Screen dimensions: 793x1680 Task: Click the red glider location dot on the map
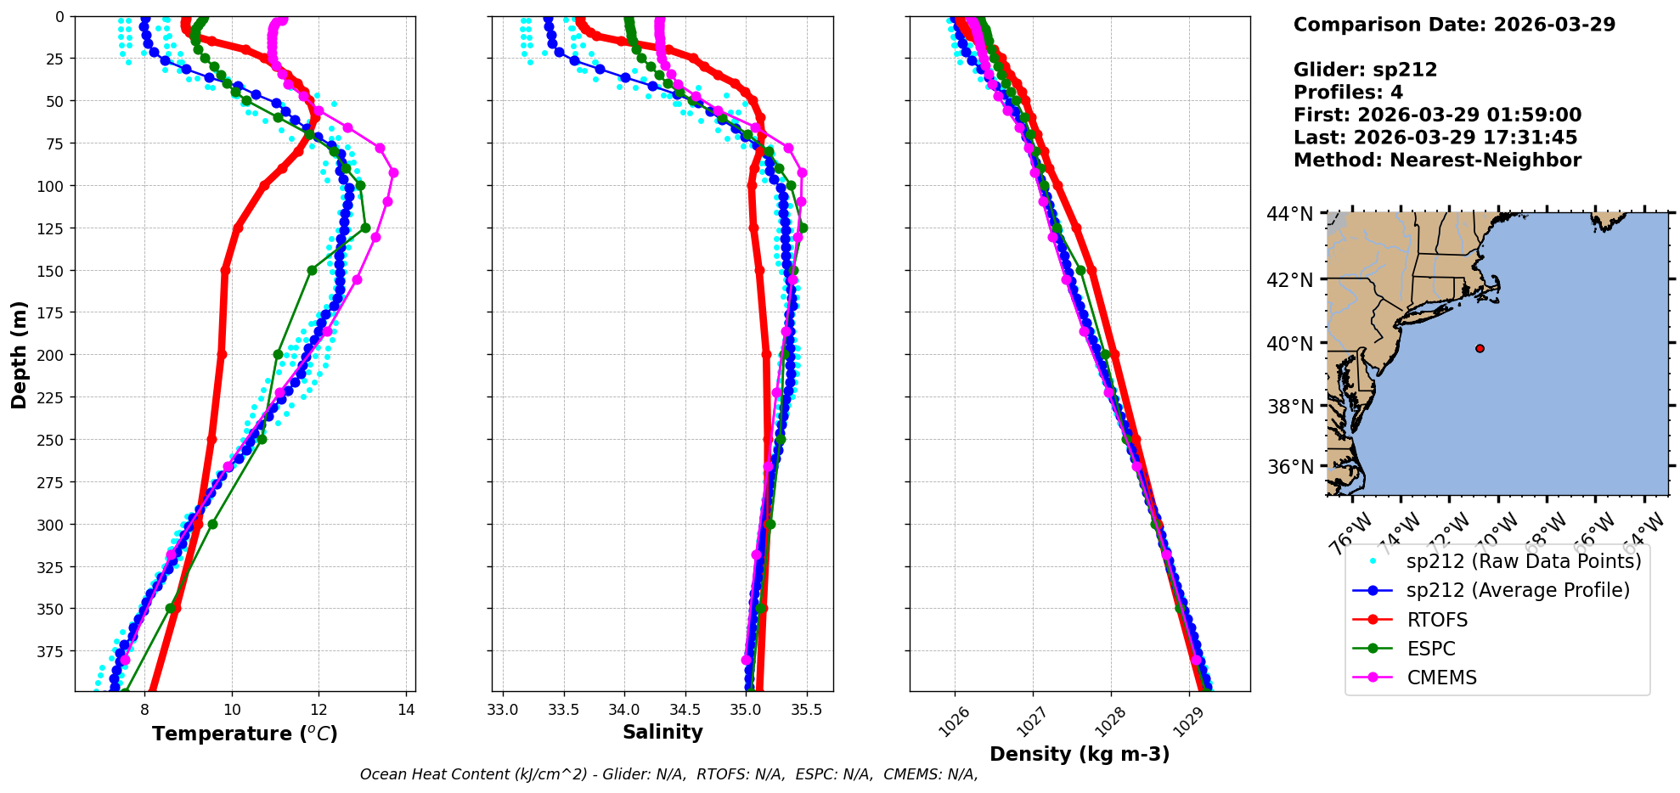pos(1480,348)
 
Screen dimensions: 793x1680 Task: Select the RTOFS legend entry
pos(1437,620)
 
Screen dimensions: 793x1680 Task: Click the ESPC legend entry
pos(1430,649)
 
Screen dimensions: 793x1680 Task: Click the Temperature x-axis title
pos(245,734)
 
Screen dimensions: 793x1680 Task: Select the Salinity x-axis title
pos(662,732)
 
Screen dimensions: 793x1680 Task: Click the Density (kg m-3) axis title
pos(1080,754)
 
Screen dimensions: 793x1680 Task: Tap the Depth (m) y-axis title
pos(19,354)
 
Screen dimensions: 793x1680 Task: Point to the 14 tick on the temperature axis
pos(406,710)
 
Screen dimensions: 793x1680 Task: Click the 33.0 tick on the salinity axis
pos(503,710)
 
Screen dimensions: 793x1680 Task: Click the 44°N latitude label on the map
pos(1289,214)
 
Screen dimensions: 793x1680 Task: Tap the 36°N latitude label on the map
pos(1289,467)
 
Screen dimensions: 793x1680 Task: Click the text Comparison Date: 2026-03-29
pos(1454,25)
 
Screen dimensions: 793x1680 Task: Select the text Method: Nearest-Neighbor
pos(1437,160)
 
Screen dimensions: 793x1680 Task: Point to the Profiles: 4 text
pos(1348,93)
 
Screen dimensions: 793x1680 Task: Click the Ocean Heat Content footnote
pos(668,774)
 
